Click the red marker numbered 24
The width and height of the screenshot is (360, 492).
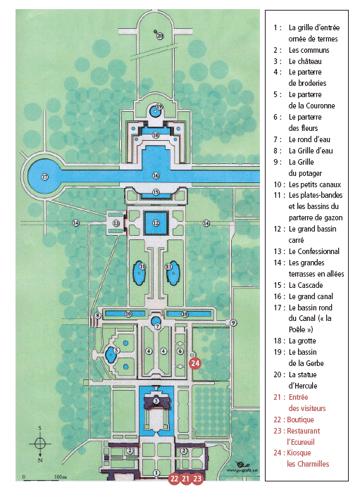(195, 363)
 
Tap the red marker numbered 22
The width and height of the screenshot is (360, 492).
(174, 479)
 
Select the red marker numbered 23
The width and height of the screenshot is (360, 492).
(197, 479)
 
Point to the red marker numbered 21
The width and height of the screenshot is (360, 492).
(186, 479)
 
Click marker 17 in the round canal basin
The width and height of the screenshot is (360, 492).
(45, 177)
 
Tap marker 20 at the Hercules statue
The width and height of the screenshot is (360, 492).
(160, 36)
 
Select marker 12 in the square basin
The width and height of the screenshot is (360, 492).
(156, 223)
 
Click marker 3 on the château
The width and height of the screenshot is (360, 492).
(156, 400)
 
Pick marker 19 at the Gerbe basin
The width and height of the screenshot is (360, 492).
(159, 106)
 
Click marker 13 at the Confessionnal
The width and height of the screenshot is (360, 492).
(116, 223)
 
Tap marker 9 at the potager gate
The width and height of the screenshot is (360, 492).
(232, 322)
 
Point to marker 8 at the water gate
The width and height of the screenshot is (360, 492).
(98, 315)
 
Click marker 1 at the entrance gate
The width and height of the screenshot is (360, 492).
(156, 473)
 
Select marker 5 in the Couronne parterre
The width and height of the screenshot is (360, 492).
(116, 351)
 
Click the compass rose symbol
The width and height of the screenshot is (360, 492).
(40, 443)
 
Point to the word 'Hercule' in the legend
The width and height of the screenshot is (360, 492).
(303, 386)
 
